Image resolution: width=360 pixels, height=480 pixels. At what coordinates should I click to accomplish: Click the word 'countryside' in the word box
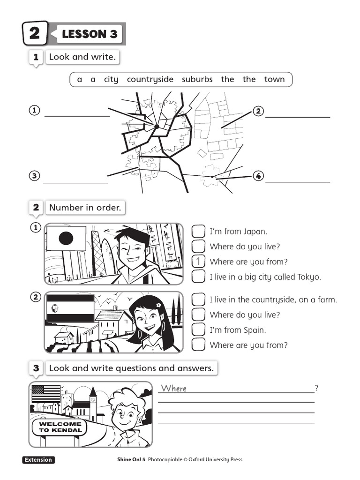tap(150, 80)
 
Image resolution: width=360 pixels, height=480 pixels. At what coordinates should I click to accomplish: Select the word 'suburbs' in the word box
tap(197, 79)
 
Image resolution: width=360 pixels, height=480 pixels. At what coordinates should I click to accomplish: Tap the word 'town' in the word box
tap(275, 79)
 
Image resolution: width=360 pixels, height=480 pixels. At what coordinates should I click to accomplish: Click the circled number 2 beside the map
tap(258, 111)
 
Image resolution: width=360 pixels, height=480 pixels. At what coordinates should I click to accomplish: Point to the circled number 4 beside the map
tap(258, 176)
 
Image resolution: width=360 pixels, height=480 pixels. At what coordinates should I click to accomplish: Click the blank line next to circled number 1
tap(77, 117)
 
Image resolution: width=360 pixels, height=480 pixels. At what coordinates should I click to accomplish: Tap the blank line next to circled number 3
tap(75, 183)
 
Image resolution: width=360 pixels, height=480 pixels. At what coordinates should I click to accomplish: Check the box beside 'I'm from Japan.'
tap(198, 231)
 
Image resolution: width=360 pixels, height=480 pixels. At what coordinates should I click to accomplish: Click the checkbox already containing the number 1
tap(198, 262)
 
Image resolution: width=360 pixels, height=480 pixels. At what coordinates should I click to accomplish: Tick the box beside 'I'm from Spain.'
tap(198, 330)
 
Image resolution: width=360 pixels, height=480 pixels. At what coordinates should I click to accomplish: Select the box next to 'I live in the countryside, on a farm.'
tap(198, 300)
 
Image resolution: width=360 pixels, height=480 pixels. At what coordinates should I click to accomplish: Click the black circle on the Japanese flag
tap(66, 238)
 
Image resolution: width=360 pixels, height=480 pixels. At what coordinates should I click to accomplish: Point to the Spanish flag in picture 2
tap(70, 308)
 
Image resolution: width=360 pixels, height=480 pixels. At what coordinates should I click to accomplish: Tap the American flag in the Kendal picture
tap(46, 394)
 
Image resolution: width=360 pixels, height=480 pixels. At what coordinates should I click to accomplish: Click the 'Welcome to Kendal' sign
tap(60, 427)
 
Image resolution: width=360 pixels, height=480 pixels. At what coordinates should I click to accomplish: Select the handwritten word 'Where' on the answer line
tap(174, 389)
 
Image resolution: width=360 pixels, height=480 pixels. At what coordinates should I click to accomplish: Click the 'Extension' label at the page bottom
tap(38, 460)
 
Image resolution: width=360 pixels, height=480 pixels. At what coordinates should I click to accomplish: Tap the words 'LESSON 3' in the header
tap(90, 34)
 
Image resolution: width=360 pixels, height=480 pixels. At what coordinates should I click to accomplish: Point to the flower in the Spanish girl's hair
tap(158, 305)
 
